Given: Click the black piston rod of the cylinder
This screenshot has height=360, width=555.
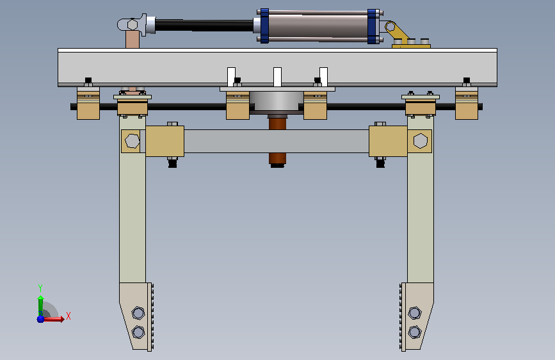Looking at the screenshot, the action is [x=204, y=25].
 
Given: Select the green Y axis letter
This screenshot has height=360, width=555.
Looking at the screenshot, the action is [x=40, y=288].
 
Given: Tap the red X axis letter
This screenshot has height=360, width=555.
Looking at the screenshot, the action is [x=68, y=316].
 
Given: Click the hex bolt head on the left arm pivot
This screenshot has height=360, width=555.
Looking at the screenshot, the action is [x=132, y=141].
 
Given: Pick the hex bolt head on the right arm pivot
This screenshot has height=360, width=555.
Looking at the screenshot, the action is [x=420, y=141].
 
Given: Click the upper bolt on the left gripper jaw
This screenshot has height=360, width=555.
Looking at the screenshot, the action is [x=138, y=313].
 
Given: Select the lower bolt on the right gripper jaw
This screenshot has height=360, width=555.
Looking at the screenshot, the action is [x=414, y=332].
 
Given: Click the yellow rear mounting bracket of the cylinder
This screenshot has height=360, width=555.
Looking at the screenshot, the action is [x=407, y=37].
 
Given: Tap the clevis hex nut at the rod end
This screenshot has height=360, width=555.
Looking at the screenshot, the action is [x=133, y=25].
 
